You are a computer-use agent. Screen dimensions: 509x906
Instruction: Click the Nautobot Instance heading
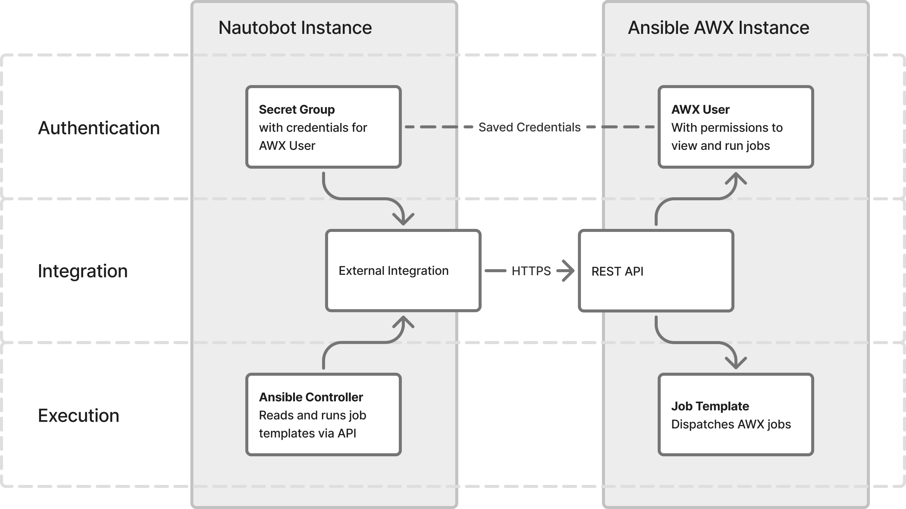(295, 28)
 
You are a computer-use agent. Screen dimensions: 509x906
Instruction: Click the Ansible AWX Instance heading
(718, 28)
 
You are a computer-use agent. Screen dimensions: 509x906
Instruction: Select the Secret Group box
(324, 127)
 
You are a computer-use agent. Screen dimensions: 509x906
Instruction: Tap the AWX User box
(736, 127)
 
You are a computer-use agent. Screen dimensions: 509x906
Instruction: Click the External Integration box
(403, 271)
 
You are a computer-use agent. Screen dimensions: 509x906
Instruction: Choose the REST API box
(656, 271)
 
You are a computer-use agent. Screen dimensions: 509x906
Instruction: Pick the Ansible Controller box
(324, 415)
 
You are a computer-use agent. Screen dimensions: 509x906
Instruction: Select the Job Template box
(736, 415)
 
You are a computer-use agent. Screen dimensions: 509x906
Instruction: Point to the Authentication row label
(99, 128)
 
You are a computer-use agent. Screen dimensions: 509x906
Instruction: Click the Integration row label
(83, 271)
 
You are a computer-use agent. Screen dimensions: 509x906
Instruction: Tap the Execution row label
(79, 416)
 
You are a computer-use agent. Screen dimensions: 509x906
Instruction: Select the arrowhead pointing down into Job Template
(736, 363)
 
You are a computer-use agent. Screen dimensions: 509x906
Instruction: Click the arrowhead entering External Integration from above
(403, 219)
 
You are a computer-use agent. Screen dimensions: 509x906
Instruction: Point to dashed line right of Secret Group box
(439, 127)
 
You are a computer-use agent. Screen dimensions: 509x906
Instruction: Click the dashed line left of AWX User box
(620, 127)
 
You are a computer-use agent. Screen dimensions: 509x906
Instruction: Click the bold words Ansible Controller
(311, 397)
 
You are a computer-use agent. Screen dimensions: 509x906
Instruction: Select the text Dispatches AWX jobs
(731, 424)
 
